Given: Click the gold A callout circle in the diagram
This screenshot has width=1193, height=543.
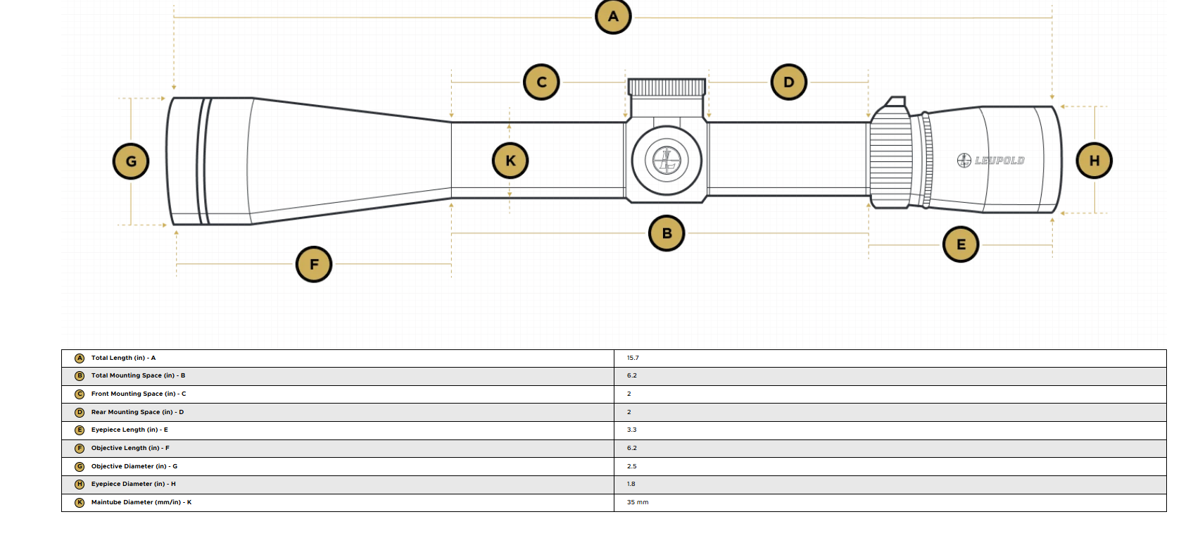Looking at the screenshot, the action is click(613, 16).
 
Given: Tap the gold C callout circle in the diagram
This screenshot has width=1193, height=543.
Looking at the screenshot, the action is click(541, 82).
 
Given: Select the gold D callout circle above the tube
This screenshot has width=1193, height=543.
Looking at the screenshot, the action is click(788, 82).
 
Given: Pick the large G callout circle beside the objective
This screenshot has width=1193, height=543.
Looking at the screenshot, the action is click(130, 161).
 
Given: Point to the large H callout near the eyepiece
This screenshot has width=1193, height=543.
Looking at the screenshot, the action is click(1094, 161).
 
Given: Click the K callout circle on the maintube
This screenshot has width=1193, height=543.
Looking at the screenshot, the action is click(510, 161).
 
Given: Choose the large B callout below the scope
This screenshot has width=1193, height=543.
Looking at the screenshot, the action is click(667, 233).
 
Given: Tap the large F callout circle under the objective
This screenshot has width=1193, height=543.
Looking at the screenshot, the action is click(314, 264).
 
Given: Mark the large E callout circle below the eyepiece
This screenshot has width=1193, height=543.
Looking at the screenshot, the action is click(960, 244).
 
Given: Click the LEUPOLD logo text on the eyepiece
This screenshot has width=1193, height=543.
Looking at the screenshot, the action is click(999, 161).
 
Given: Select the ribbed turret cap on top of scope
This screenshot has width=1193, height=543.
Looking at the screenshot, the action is click(667, 87).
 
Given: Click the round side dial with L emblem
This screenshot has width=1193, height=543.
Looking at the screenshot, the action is click(667, 161).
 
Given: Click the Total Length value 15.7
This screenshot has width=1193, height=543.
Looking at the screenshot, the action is click(633, 358).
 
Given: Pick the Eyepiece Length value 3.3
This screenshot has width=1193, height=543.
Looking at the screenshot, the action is click(631, 430).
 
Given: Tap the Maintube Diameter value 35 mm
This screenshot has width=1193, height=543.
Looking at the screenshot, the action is click(638, 502).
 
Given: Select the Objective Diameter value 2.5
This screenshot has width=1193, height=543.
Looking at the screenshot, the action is click(631, 466).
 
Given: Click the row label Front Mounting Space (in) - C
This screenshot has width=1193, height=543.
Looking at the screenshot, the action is click(139, 394).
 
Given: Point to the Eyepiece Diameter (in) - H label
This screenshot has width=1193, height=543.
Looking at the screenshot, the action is click(133, 484).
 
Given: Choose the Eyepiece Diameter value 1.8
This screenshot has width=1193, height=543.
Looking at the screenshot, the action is click(631, 484).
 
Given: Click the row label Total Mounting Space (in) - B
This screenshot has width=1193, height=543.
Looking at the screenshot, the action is click(138, 375).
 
